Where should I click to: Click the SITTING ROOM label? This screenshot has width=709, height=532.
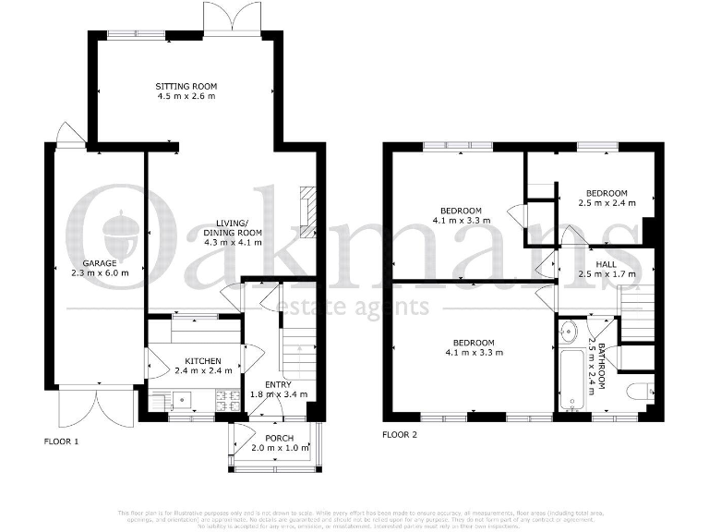(x=186, y=86)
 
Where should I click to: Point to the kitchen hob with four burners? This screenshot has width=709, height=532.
(x=226, y=401)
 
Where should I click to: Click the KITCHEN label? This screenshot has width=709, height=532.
(x=200, y=361)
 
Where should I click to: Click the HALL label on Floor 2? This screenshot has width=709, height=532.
(x=607, y=264)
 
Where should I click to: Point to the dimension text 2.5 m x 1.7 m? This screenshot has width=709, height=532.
(x=607, y=274)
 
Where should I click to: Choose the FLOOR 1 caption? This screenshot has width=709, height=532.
(x=62, y=441)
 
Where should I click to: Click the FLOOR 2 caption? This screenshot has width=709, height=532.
(x=400, y=434)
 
